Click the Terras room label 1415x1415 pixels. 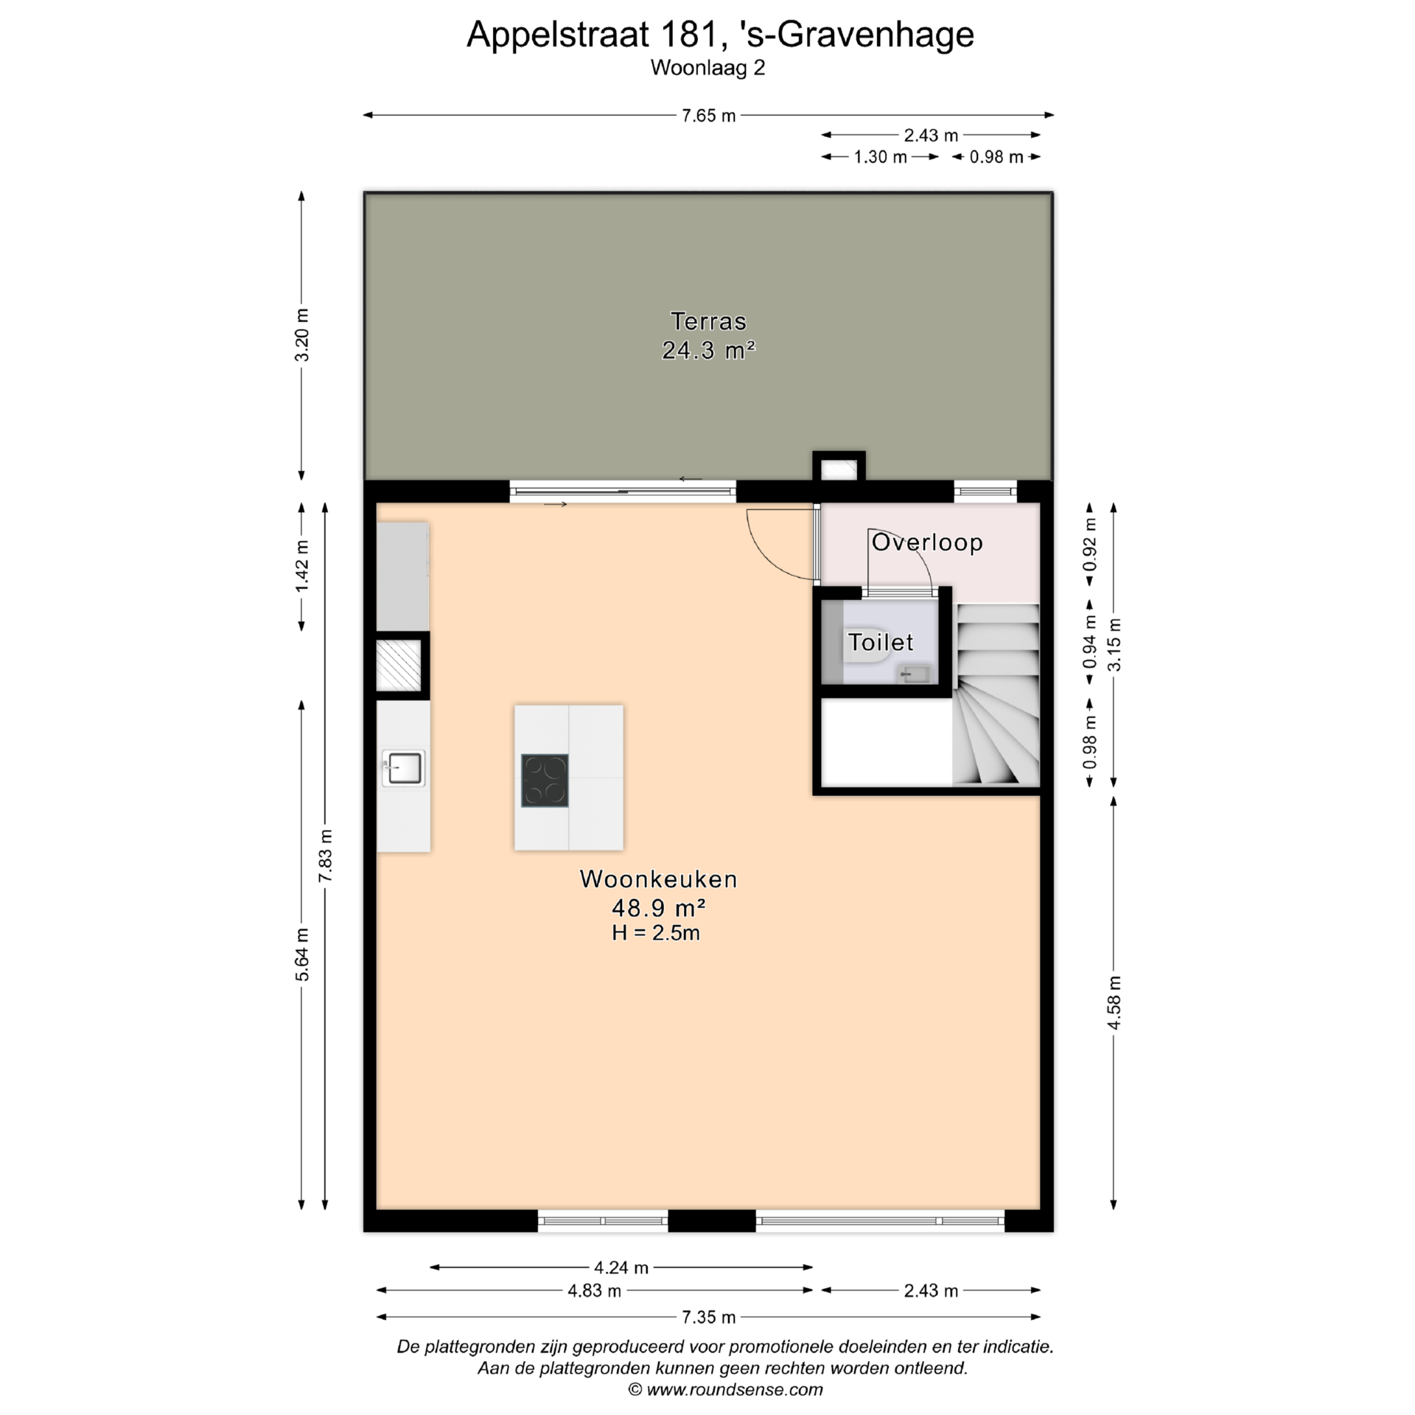707,321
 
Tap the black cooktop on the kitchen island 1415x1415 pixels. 545,780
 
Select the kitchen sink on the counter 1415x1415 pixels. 403,768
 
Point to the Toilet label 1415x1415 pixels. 880,642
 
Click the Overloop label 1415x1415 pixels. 927,542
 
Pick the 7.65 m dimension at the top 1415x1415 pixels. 708,116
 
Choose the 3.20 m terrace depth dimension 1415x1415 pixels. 301,335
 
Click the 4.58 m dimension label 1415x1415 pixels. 1114,1002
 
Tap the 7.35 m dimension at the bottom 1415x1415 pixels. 708,1317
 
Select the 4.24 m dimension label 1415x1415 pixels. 621,1267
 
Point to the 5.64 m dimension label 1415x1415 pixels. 301,954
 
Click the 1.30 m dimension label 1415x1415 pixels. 880,157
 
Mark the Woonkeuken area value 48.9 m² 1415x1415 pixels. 659,906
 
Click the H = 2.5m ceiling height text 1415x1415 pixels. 656,933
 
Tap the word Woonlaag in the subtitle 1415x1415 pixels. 697,68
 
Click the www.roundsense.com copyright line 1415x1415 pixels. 725,1390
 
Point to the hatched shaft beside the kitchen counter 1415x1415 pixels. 399,665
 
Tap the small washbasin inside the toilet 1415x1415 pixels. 915,674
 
